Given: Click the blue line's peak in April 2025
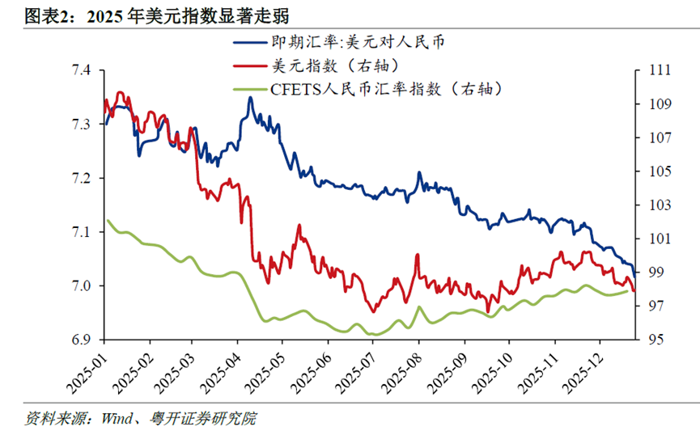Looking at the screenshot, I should (250, 98).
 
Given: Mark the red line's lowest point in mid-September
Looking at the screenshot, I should (487, 310).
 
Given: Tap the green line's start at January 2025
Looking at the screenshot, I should (108, 220).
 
